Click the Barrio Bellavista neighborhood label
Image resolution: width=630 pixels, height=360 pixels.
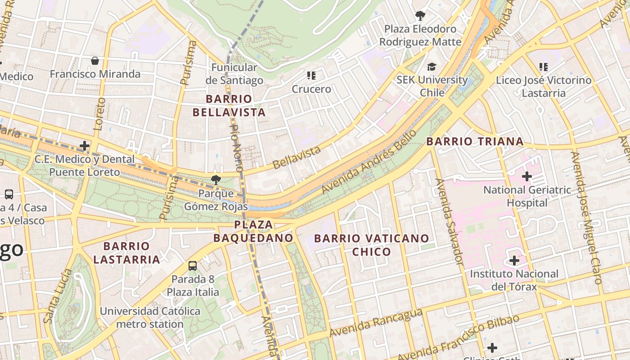pos(229,105)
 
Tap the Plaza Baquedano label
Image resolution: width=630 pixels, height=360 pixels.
pos(253,231)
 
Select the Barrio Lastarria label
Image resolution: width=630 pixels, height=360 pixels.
pos(126,253)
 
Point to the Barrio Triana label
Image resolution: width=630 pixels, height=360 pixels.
pos(475,141)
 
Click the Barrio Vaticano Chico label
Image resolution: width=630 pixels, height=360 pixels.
pos(371,245)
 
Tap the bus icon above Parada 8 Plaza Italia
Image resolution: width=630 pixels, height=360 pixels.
pos(193,265)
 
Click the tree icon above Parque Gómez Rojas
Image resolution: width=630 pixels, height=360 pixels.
pos(216,180)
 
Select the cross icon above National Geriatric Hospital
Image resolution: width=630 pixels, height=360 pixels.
pos(526,176)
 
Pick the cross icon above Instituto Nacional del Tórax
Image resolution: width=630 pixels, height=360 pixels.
pos(514,260)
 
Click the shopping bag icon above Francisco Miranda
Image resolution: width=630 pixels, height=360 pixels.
pos(95,60)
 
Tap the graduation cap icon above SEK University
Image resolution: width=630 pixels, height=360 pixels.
pos(432,67)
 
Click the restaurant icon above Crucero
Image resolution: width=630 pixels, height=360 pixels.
pos(311,75)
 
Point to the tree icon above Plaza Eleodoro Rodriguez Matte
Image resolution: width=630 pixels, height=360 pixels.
pos(420,16)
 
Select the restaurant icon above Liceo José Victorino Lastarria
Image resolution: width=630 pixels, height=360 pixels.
pos(543,67)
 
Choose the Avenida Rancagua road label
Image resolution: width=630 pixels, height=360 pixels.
pos(376,323)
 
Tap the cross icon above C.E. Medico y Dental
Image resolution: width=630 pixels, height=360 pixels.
pos(85,146)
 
